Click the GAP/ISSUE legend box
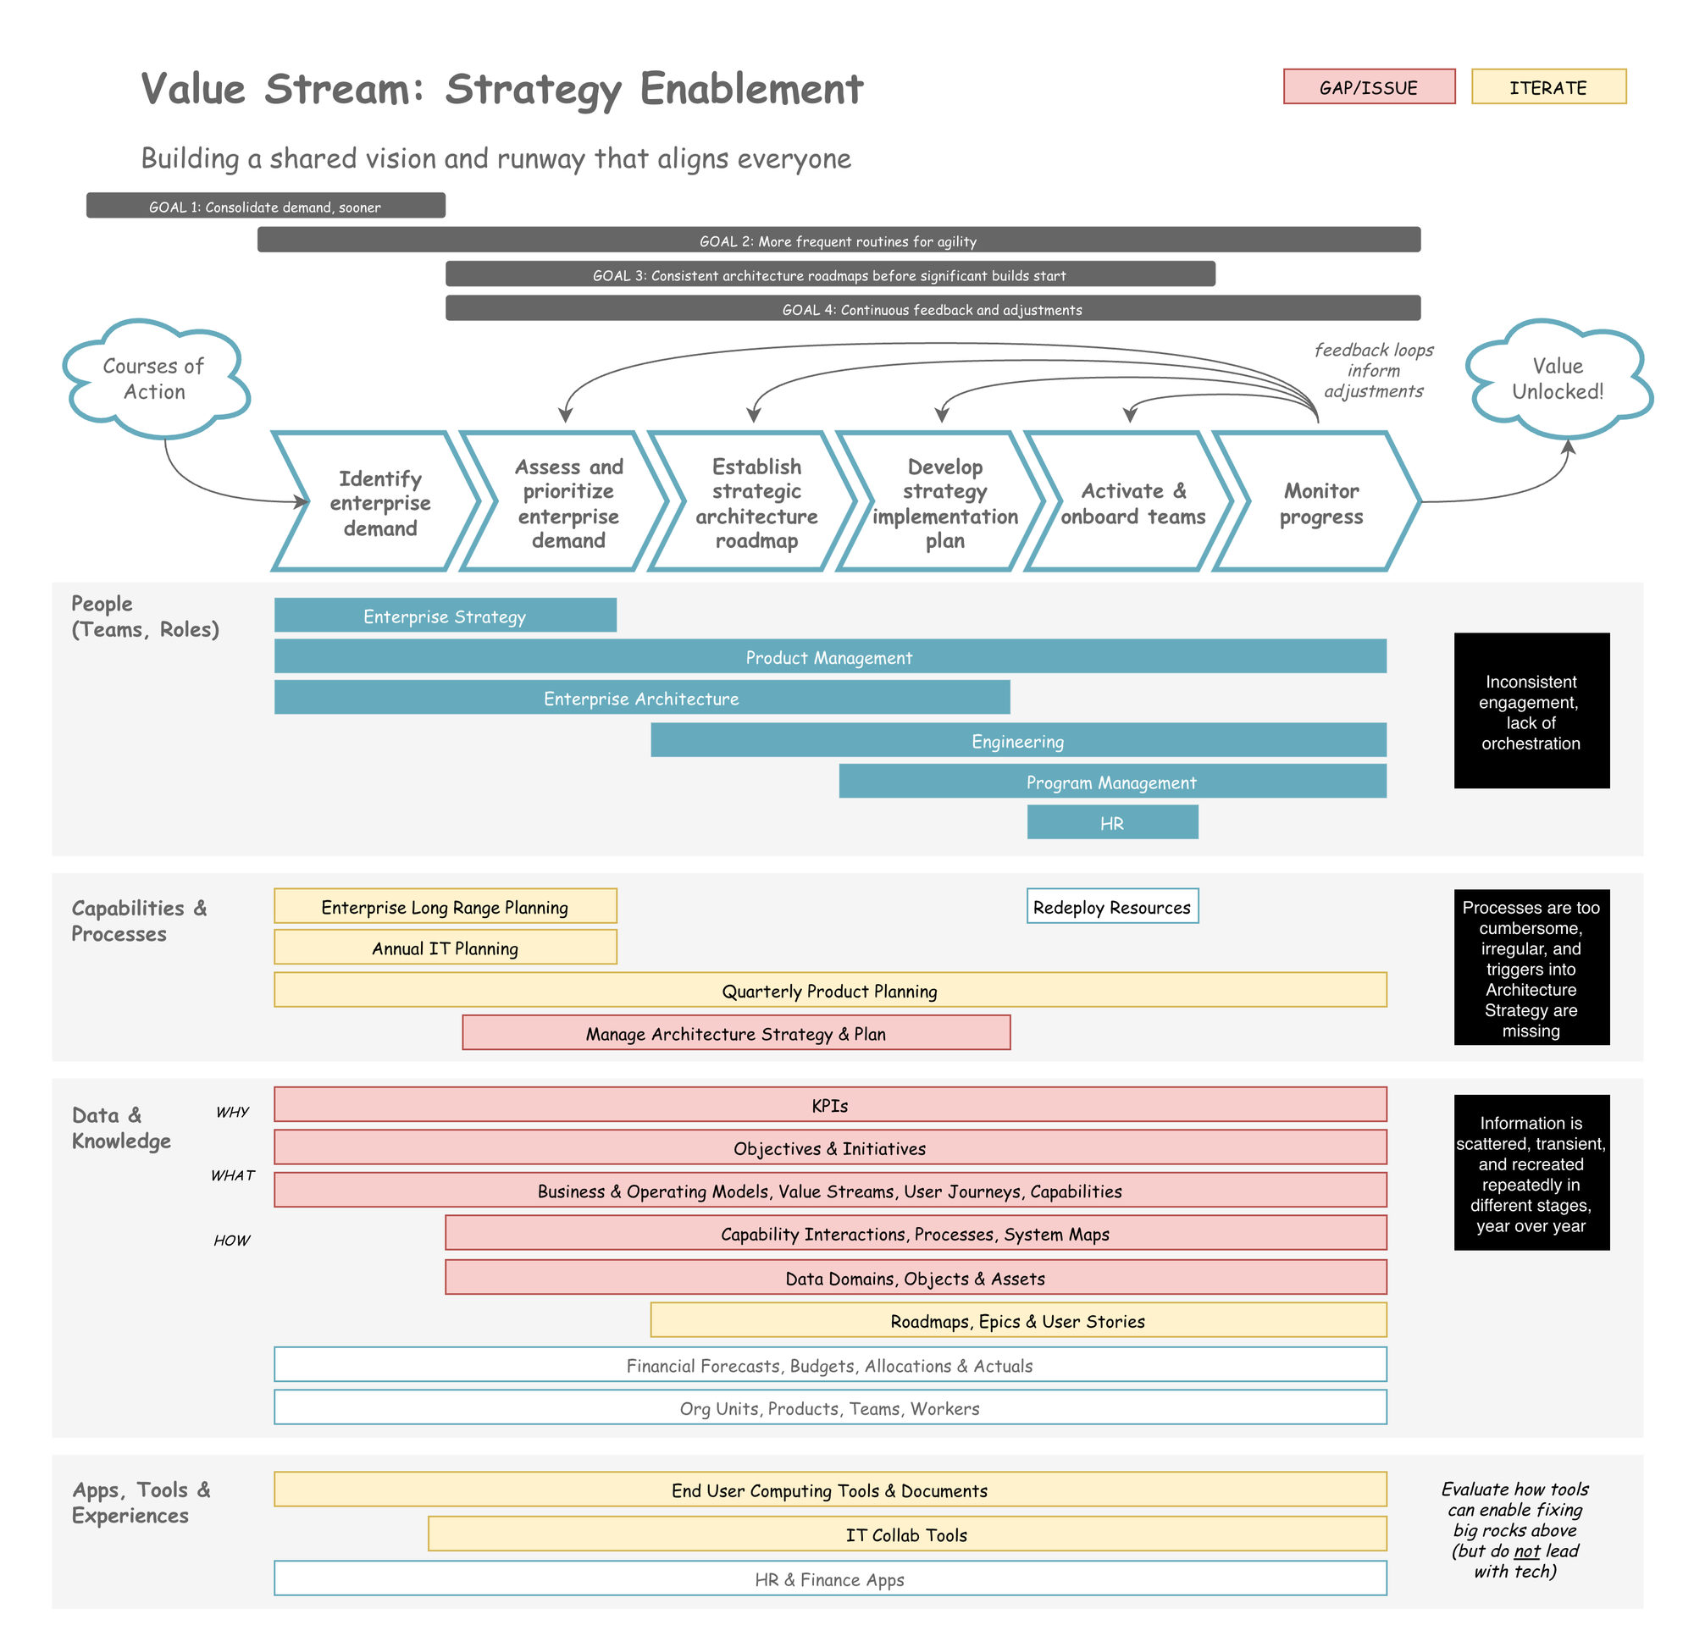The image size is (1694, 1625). point(1368,87)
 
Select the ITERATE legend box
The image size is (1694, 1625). point(1548,87)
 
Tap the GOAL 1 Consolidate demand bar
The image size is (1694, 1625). point(265,206)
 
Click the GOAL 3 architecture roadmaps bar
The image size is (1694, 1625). point(830,274)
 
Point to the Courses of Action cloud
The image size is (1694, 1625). point(154,379)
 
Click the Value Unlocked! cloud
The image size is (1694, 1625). point(1558,379)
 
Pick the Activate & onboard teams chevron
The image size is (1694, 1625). point(1132,503)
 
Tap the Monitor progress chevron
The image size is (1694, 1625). point(1320,503)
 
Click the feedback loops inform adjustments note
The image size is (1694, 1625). point(1373,371)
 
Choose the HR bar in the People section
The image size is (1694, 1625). point(1112,822)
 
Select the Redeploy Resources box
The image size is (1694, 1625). point(1112,906)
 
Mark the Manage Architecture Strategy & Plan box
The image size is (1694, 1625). point(735,1033)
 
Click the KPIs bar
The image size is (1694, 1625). point(830,1105)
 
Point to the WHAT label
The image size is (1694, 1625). point(232,1175)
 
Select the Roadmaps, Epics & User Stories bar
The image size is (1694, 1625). point(1018,1320)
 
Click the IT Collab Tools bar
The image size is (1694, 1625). point(906,1534)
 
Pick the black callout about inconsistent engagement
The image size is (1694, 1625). point(1531,711)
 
